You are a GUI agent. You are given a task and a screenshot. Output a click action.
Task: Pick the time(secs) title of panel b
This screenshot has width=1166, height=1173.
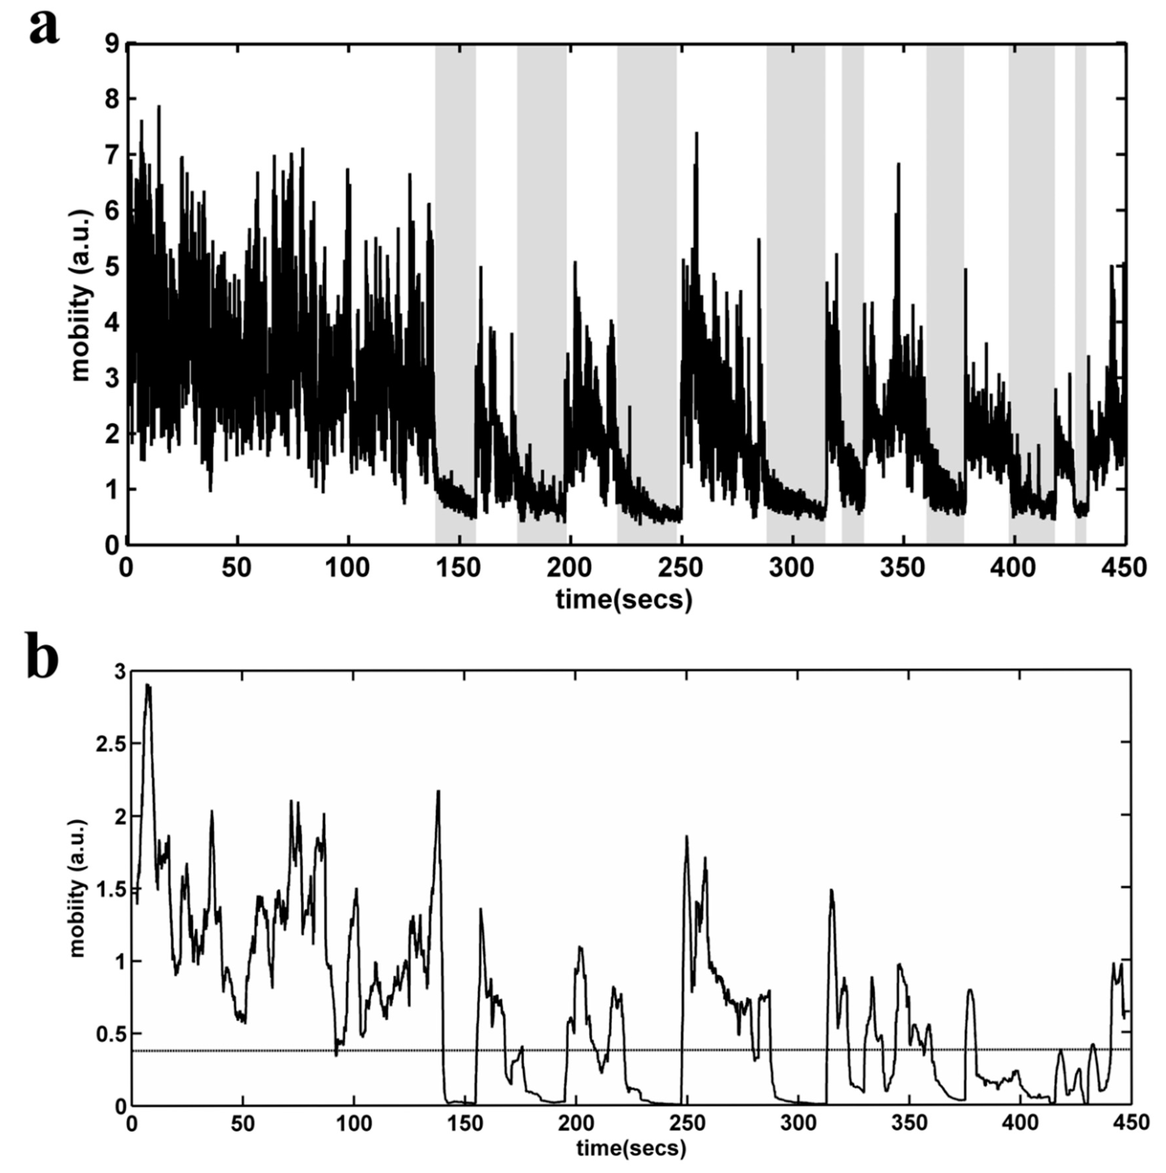pyautogui.click(x=631, y=1149)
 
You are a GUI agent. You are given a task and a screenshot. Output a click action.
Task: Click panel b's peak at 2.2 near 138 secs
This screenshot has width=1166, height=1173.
pyautogui.click(x=438, y=792)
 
